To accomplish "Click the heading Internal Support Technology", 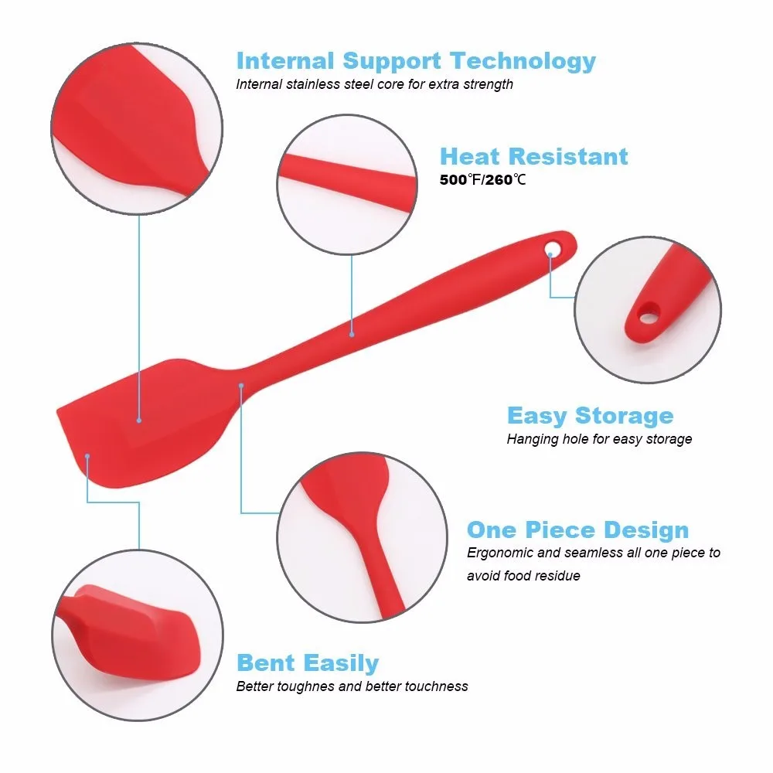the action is click(x=416, y=62).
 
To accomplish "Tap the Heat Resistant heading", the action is click(x=534, y=157).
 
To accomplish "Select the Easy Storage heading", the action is click(x=590, y=416).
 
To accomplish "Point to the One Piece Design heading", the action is click(x=577, y=530).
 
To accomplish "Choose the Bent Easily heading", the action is click(x=308, y=663).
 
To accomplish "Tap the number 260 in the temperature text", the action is click(x=499, y=179).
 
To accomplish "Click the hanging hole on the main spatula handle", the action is click(x=553, y=248).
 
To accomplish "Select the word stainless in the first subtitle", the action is click(x=313, y=84).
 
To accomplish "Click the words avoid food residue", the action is click(x=523, y=576).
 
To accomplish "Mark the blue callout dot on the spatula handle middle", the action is click(x=352, y=334).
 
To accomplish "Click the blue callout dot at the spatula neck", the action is click(x=241, y=386).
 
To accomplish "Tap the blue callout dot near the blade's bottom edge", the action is click(x=87, y=457).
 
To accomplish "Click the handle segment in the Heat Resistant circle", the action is click(x=347, y=182).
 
